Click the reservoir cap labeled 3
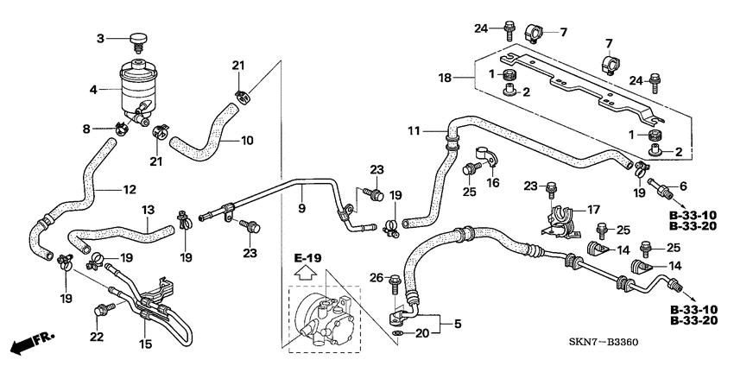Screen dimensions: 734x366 coord(138,41)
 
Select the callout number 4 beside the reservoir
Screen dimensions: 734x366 coord(93,90)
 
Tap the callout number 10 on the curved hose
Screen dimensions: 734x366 coord(247,140)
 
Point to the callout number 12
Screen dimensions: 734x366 coord(130,190)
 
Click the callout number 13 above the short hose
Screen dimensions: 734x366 coord(149,210)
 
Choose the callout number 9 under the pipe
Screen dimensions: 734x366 coord(301,208)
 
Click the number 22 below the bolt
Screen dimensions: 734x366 coord(97,336)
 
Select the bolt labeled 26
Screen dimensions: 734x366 coord(394,285)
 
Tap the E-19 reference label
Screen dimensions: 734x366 coord(307,258)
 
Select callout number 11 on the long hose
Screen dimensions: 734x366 coord(414,132)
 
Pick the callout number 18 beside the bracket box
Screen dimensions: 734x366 coord(446,78)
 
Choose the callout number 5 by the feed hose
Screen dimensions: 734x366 coord(458,323)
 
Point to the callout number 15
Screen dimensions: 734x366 coord(145,344)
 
